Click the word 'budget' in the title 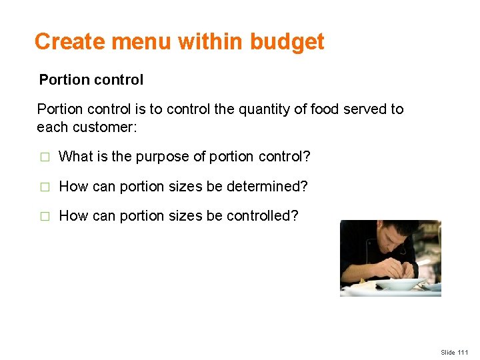point(287,42)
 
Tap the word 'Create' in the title point(71,42)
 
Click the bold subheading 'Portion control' point(91,80)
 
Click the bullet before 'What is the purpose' point(45,157)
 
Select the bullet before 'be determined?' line point(45,187)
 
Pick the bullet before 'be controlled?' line point(45,217)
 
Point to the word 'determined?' point(269,187)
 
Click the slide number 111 point(463,352)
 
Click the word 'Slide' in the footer point(448,352)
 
